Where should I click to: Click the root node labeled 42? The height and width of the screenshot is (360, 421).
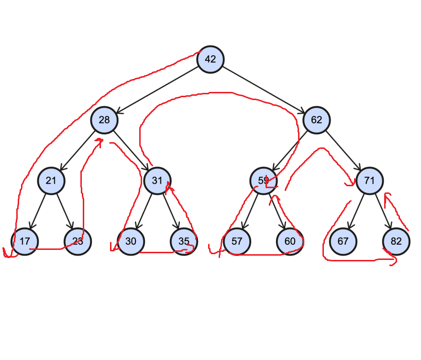tap(210, 59)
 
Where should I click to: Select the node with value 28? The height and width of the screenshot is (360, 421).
tap(104, 120)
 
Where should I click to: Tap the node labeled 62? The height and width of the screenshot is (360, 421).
tap(316, 120)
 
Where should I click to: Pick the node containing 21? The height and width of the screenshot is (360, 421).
tap(51, 180)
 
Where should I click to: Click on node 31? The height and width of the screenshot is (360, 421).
tap(157, 180)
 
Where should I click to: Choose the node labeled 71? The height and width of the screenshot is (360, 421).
tap(369, 180)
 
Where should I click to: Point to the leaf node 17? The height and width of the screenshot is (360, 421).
tap(24, 241)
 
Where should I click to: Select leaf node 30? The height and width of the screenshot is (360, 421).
tap(131, 241)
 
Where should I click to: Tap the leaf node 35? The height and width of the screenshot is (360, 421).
tap(184, 241)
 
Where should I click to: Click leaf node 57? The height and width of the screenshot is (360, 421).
tap(237, 241)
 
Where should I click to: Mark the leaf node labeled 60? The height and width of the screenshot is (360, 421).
tap(290, 241)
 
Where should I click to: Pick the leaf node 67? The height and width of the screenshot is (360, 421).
tap(343, 241)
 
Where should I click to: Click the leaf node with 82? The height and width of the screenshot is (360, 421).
tap(396, 241)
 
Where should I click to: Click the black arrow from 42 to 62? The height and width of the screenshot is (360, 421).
tap(263, 90)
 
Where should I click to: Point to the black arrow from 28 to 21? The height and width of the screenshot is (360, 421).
tap(78, 150)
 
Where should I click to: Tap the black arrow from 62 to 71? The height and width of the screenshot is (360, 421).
tap(343, 150)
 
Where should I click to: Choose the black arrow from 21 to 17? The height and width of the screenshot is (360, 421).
tap(38, 211)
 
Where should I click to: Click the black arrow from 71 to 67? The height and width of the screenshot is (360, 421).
tap(356, 211)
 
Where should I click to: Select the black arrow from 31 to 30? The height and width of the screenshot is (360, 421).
tap(144, 211)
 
